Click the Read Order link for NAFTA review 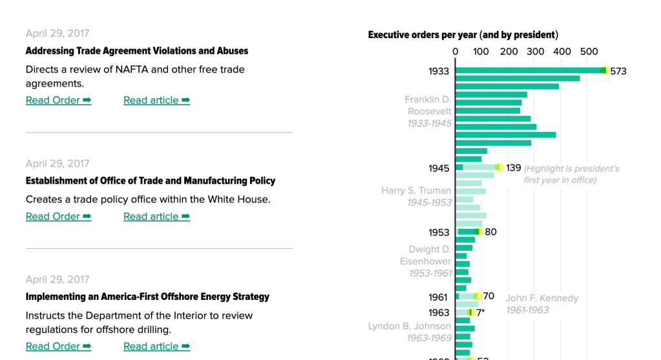click(x=58, y=100)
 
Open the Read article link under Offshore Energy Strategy click(x=156, y=346)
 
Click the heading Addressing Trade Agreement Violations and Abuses click(x=136, y=51)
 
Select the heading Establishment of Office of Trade click(x=150, y=181)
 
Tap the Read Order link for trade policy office click(x=58, y=217)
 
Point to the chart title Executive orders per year click(x=463, y=35)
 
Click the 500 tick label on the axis click(x=589, y=52)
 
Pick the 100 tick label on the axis click(x=481, y=52)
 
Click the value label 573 click(x=618, y=71)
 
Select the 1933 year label click(x=438, y=71)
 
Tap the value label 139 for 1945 click(x=513, y=168)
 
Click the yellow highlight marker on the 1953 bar click(x=478, y=231)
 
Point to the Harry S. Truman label click(x=416, y=191)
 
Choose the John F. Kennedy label click(x=541, y=298)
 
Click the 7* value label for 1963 click(x=480, y=313)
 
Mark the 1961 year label click(x=437, y=297)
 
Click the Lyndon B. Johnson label click(x=410, y=326)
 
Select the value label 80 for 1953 click(x=490, y=232)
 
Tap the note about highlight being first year click(x=571, y=175)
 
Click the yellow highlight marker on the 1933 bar click(x=605, y=70)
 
